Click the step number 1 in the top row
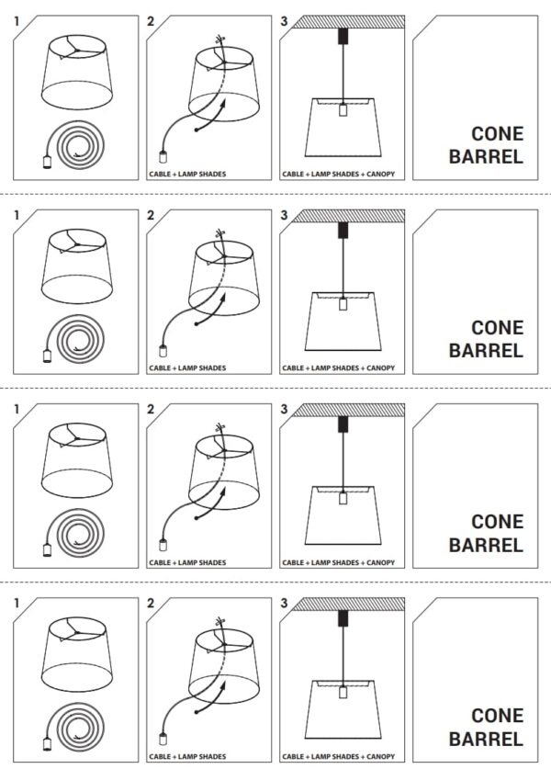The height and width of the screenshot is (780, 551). [x=17, y=21]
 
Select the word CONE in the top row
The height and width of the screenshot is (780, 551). [x=497, y=134]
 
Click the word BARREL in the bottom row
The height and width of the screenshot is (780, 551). [x=486, y=739]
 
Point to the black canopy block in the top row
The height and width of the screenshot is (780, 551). [x=343, y=37]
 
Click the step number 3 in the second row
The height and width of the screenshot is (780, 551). [x=284, y=215]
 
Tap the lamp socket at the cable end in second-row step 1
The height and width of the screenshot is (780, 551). [x=47, y=356]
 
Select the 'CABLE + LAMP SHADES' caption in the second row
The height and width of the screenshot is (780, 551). [x=187, y=368]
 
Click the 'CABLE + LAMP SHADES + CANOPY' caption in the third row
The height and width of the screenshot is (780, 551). [x=338, y=562]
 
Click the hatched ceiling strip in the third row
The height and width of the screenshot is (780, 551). [x=348, y=410]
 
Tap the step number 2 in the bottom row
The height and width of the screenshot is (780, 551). [x=151, y=604]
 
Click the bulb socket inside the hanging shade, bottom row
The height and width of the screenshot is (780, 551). [x=343, y=693]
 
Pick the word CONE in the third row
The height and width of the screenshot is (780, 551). [x=497, y=522]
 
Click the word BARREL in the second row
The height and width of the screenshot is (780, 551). [x=486, y=351]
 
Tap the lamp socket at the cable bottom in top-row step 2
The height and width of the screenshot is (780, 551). [x=163, y=157]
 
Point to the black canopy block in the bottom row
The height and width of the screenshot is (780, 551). [x=343, y=618]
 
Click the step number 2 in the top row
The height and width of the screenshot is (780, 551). [x=151, y=21]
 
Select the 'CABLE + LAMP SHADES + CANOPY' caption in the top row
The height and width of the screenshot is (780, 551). [x=338, y=175]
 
